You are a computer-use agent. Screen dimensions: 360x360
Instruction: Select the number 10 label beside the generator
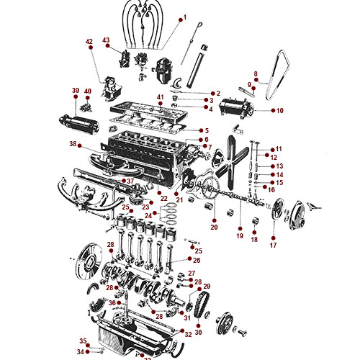click(x=280, y=111)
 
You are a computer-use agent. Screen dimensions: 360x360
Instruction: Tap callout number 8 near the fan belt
click(x=256, y=73)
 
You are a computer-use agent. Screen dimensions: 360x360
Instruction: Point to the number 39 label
click(x=75, y=91)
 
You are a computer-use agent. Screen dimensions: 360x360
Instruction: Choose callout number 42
click(x=89, y=42)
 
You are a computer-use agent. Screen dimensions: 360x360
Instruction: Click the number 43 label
click(x=106, y=40)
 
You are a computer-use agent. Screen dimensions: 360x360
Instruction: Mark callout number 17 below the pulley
click(x=273, y=245)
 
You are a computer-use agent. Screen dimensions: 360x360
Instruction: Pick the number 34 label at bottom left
click(x=81, y=351)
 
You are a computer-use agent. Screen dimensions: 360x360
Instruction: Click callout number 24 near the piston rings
click(x=148, y=215)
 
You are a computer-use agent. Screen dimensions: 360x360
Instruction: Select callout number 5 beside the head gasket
click(x=206, y=130)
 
